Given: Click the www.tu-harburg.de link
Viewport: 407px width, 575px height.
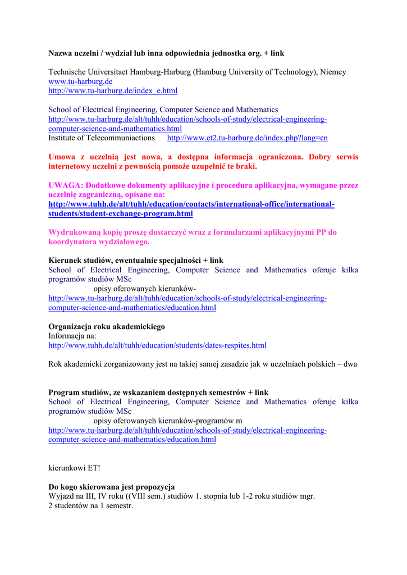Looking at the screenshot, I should (80, 81).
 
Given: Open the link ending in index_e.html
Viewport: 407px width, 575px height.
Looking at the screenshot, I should (113, 90).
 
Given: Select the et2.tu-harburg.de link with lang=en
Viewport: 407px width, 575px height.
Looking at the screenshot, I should (248, 138).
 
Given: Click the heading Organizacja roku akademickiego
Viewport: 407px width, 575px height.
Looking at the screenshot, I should (107, 327).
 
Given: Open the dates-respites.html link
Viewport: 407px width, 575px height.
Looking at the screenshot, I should (157, 345).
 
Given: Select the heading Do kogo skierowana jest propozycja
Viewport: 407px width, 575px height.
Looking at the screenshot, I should (112, 487).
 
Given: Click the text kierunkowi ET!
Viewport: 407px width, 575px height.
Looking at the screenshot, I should (74, 467).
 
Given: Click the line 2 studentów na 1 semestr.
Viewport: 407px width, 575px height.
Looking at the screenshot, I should (90, 505).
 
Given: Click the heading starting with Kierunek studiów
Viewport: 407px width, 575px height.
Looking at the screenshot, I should (136, 261).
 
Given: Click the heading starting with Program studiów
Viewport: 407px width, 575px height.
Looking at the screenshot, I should (158, 393).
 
